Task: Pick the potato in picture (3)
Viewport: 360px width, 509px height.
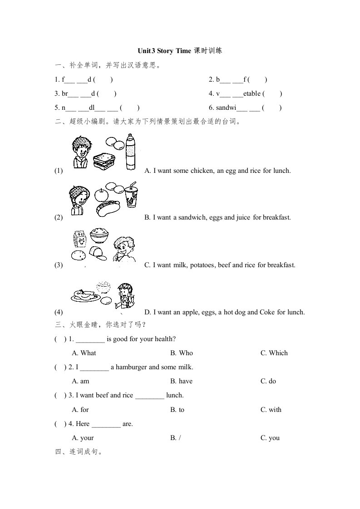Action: tap(79, 255)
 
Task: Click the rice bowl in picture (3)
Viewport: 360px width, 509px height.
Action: tap(99, 237)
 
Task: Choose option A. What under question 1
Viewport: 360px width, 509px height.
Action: tap(84, 353)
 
